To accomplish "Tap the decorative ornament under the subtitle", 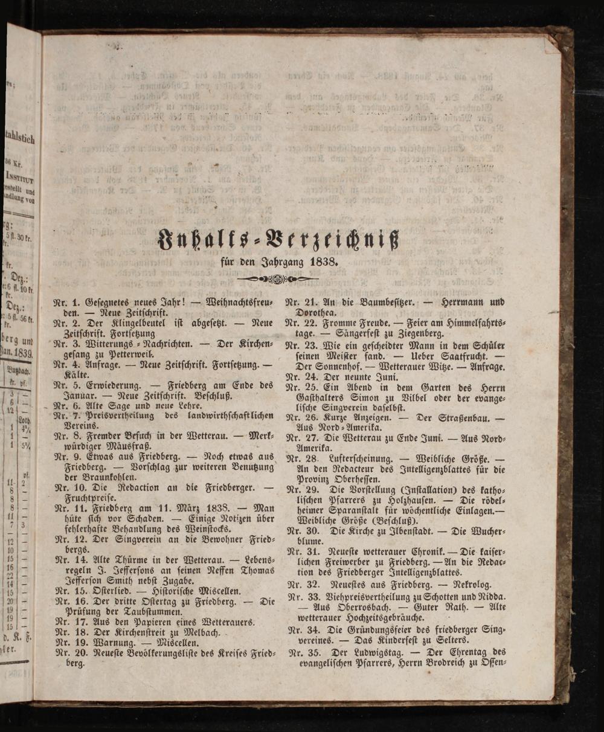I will (x=277, y=279).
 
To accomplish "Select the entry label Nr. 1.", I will (x=66, y=301).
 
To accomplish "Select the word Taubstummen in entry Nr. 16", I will (x=152, y=612).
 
